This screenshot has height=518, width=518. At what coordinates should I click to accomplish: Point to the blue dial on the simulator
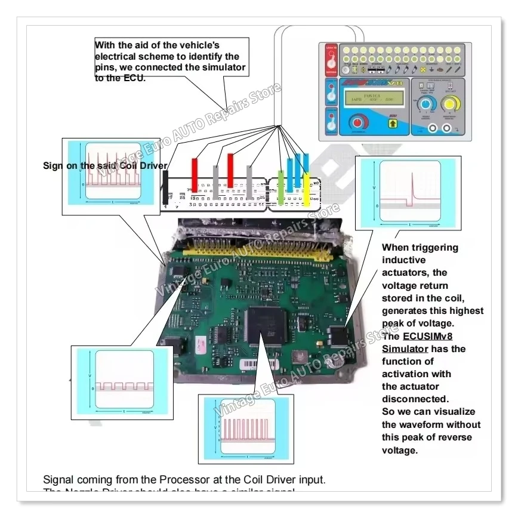(425, 105)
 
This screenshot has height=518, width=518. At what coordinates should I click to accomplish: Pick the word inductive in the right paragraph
(404, 260)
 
